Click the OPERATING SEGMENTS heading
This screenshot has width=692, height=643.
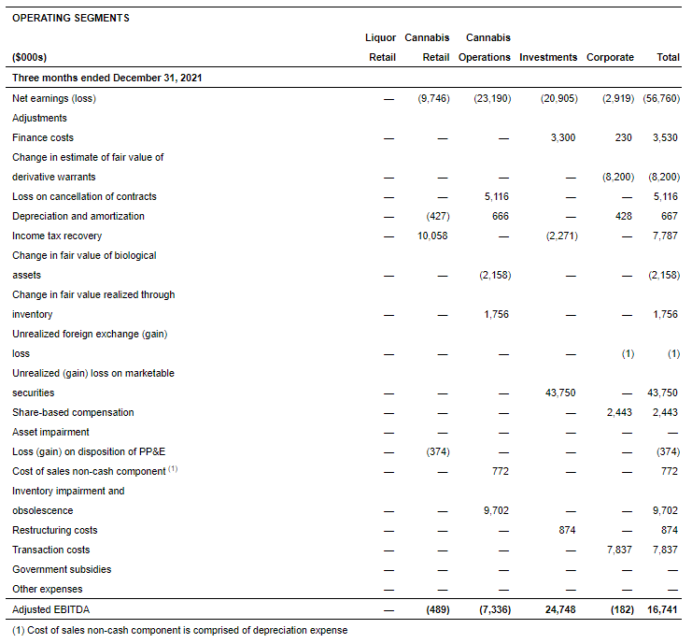(71, 18)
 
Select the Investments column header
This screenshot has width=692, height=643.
(548, 57)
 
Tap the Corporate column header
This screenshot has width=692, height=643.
(610, 57)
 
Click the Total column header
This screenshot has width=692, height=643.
(668, 57)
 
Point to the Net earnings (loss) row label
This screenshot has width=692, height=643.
(54, 98)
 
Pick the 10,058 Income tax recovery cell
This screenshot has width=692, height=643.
(433, 236)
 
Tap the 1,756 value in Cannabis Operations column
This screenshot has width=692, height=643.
(496, 314)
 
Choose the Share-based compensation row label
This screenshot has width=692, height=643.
(73, 412)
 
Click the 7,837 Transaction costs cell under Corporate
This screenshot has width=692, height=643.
(618, 550)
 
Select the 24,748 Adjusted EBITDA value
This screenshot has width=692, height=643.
(558, 609)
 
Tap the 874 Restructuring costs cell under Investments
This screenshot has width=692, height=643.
(566, 530)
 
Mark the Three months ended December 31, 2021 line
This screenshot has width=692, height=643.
(107, 78)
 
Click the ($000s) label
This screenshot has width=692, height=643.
(30, 57)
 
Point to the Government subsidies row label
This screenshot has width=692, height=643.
(62, 569)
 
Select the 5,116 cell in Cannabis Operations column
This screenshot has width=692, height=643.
(496, 196)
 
